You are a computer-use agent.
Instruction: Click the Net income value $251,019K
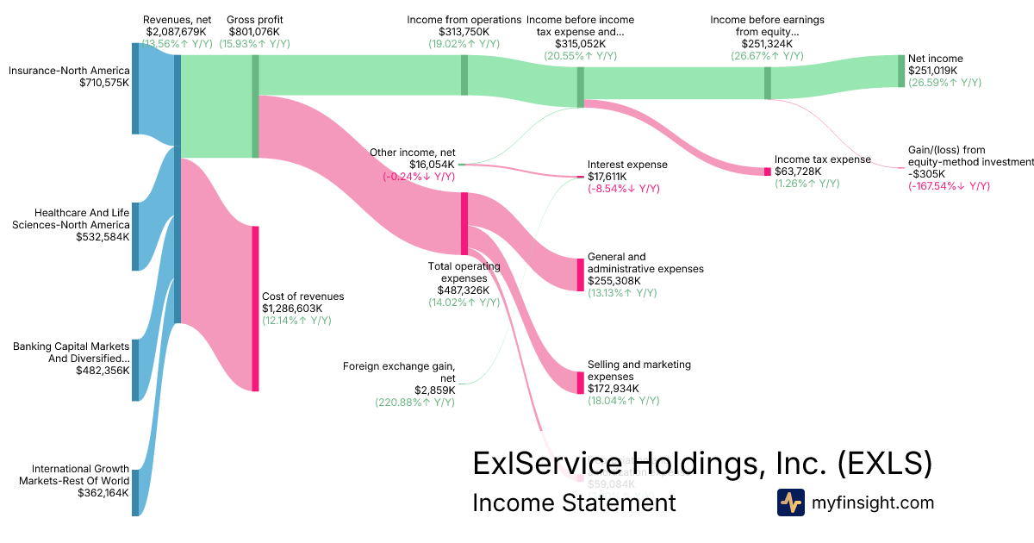click(x=936, y=71)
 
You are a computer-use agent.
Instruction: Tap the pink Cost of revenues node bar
click(x=255, y=308)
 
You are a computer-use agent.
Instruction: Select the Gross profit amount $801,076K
click(x=255, y=32)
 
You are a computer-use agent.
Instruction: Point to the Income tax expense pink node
click(x=768, y=172)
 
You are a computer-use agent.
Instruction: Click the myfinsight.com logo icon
click(x=791, y=502)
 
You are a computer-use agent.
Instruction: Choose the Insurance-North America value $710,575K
click(x=103, y=83)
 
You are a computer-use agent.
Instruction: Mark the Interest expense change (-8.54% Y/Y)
click(x=624, y=189)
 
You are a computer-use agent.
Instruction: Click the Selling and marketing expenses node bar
click(x=580, y=383)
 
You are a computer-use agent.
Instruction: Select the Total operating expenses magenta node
click(x=464, y=223)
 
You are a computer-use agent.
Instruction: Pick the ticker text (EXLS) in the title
click(x=885, y=463)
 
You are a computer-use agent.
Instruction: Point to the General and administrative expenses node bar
click(x=580, y=274)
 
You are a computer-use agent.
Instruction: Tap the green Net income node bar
click(x=901, y=70)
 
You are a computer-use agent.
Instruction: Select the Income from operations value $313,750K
click(x=465, y=32)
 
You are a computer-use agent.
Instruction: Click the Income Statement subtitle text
click(x=575, y=502)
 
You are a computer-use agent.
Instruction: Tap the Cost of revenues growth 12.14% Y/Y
click(x=296, y=321)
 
